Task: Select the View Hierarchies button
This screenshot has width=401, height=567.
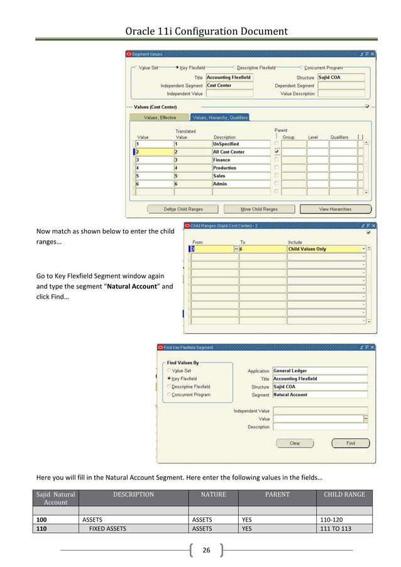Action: coord(335,209)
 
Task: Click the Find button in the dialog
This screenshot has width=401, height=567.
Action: coord(350,443)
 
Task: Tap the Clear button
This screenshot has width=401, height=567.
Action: coord(295,443)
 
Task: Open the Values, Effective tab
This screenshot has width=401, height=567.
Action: coord(160,118)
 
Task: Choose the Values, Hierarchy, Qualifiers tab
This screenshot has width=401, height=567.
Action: coord(220,118)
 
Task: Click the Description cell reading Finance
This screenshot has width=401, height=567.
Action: coord(241,160)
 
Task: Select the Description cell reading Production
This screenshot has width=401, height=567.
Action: coord(241,168)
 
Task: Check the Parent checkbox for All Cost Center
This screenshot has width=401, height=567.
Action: coord(277,152)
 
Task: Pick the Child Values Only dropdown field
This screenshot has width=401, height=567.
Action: coord(326,250)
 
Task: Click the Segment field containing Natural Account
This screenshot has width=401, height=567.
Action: coord(319,395)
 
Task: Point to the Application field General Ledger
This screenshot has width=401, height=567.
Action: coord(319,371)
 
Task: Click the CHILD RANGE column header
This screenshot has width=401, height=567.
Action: coord(344,495)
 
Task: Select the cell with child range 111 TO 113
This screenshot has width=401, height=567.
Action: coord(343,529)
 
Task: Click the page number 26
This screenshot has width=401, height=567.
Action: coord(206,551)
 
